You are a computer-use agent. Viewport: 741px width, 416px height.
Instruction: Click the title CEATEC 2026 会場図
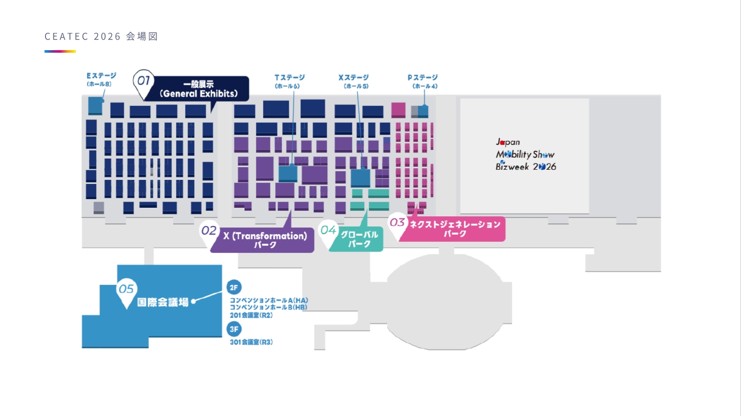[x=101, y=36]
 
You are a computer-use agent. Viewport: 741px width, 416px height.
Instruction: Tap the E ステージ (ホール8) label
[x=101, y=80]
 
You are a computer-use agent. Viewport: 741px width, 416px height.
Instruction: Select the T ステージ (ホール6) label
[x=289, y=82]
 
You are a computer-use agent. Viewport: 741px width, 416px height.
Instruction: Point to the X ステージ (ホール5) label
[x=353, y=82]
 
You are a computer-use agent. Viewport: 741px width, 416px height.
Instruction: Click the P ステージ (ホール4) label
[x=423, y=82]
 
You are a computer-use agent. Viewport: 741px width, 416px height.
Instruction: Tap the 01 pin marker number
[x=143, y=81]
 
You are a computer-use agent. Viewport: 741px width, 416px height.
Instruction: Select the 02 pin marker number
[x=209, y=231]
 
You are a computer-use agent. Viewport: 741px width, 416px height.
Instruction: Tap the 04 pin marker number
[x=328, y=230]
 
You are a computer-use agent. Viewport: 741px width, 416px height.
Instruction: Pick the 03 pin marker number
[x=397, y=222]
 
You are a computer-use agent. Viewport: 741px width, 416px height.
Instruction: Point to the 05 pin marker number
[x=126, y=289]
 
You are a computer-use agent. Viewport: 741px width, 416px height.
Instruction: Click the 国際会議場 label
[x=163, y=302]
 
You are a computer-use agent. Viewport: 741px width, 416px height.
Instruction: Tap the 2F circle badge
[x=234, y=287]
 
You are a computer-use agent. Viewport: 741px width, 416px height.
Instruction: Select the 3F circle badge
[x=234, y=329]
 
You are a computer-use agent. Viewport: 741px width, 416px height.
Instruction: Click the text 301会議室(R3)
[x=251, y=342]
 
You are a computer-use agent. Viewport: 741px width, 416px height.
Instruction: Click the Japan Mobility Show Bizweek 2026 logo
[x=526, y=155]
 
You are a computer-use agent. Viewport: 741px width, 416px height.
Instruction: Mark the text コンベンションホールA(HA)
[x=269, y=300]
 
